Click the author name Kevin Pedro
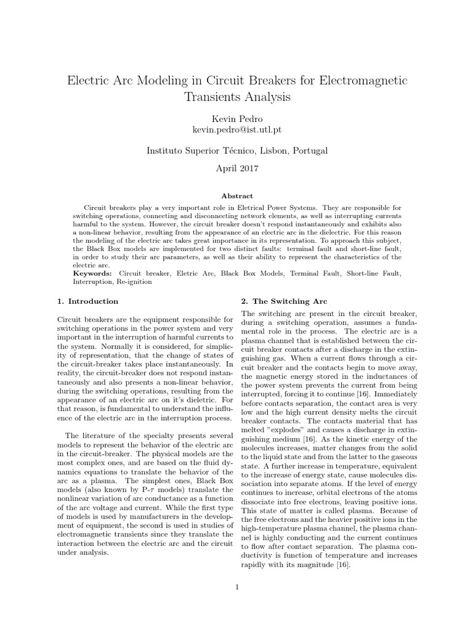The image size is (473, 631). [x=236, y=118]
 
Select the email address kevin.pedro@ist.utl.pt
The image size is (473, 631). [x=236, y=129]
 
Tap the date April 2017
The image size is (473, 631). [x=236, y=168]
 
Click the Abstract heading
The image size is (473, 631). [x=236, y=195]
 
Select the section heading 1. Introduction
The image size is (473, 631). [x=87, y=301]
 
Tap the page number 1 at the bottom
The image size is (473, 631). [x=236, y=586]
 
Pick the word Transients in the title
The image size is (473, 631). [x=211, y=97]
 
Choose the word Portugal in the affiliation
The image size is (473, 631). [x=310, y=150]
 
